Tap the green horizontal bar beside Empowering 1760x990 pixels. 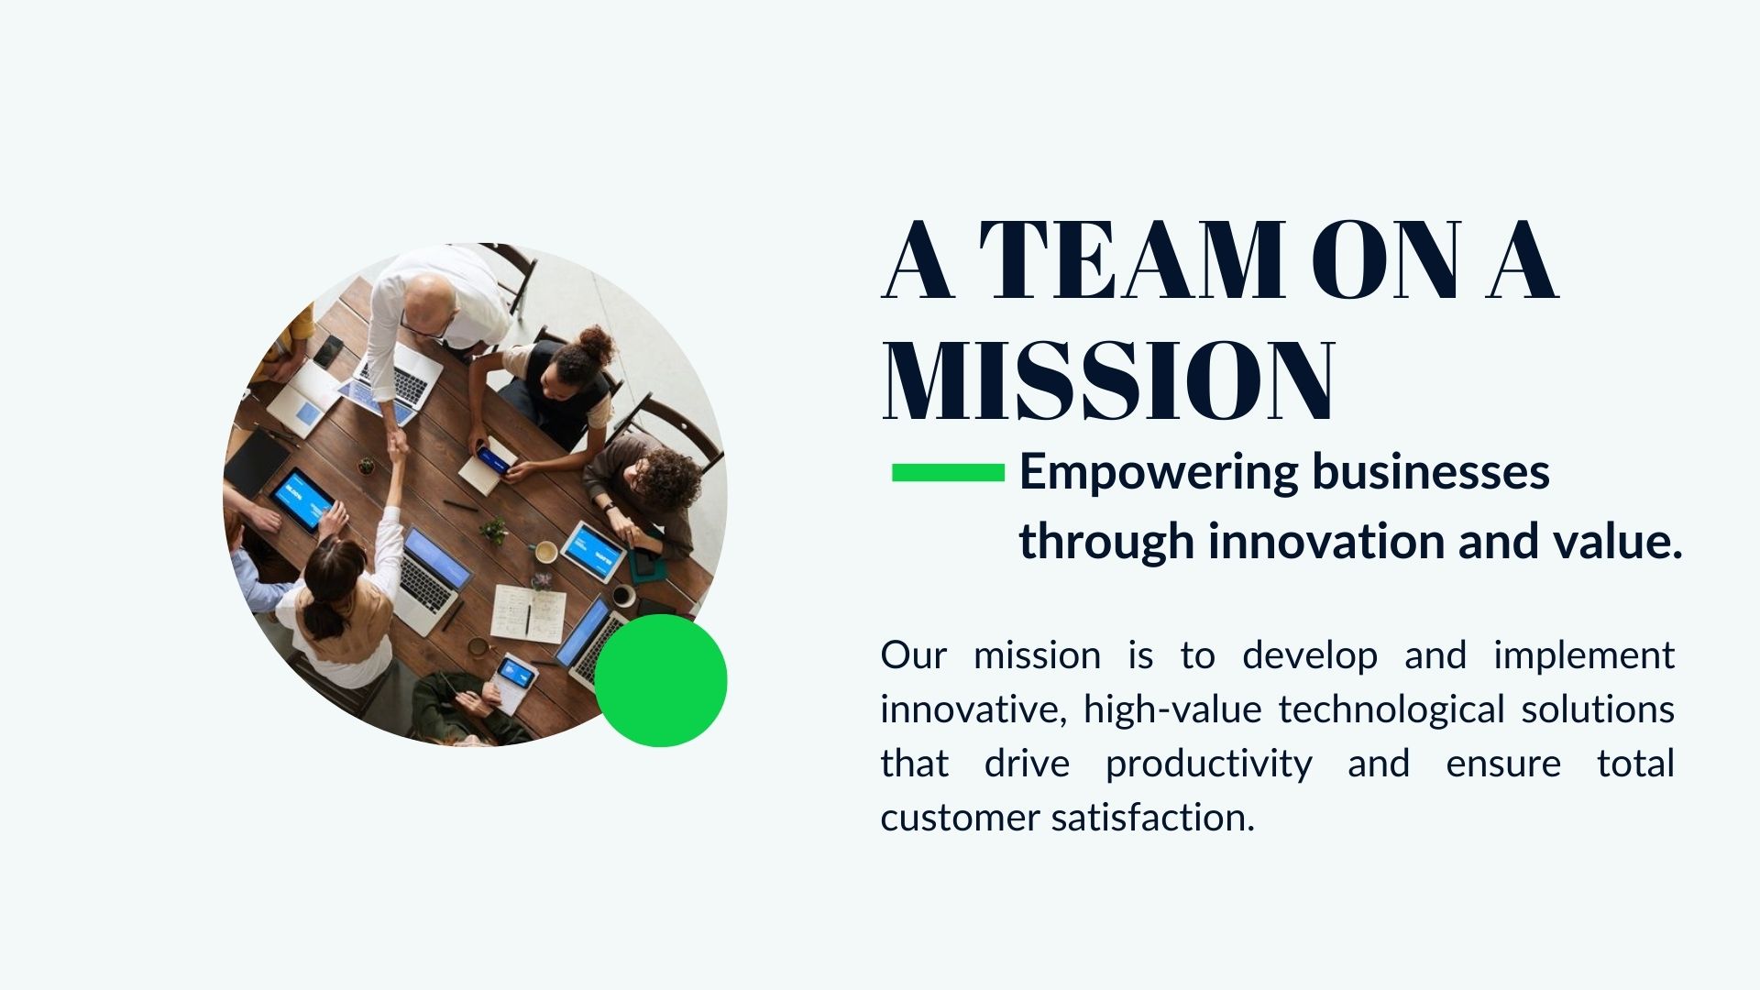948,472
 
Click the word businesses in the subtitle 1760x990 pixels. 1431,472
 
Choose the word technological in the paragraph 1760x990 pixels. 1391,709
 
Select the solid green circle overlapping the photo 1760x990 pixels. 661,680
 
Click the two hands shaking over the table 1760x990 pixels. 397,446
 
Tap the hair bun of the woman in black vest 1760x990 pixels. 597,343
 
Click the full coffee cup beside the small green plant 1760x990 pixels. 545,552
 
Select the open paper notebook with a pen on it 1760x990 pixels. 528,613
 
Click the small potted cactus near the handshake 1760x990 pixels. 366,467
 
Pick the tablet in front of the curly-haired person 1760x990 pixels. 593,550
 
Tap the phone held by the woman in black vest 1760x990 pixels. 493,458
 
